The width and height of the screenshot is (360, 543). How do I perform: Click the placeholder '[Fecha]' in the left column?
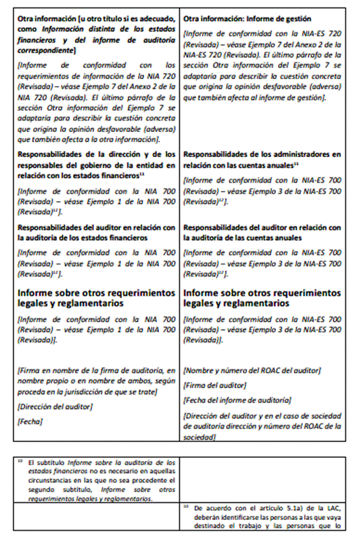tap(30, 421)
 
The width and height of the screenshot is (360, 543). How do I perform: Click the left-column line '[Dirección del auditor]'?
tap(55, 406)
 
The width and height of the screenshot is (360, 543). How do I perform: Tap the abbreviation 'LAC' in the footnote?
tap(336, 507)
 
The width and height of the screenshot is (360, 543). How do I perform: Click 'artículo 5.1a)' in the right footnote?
tap(285, 507)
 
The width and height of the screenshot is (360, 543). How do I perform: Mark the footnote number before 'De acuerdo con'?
tap(185, 506)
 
